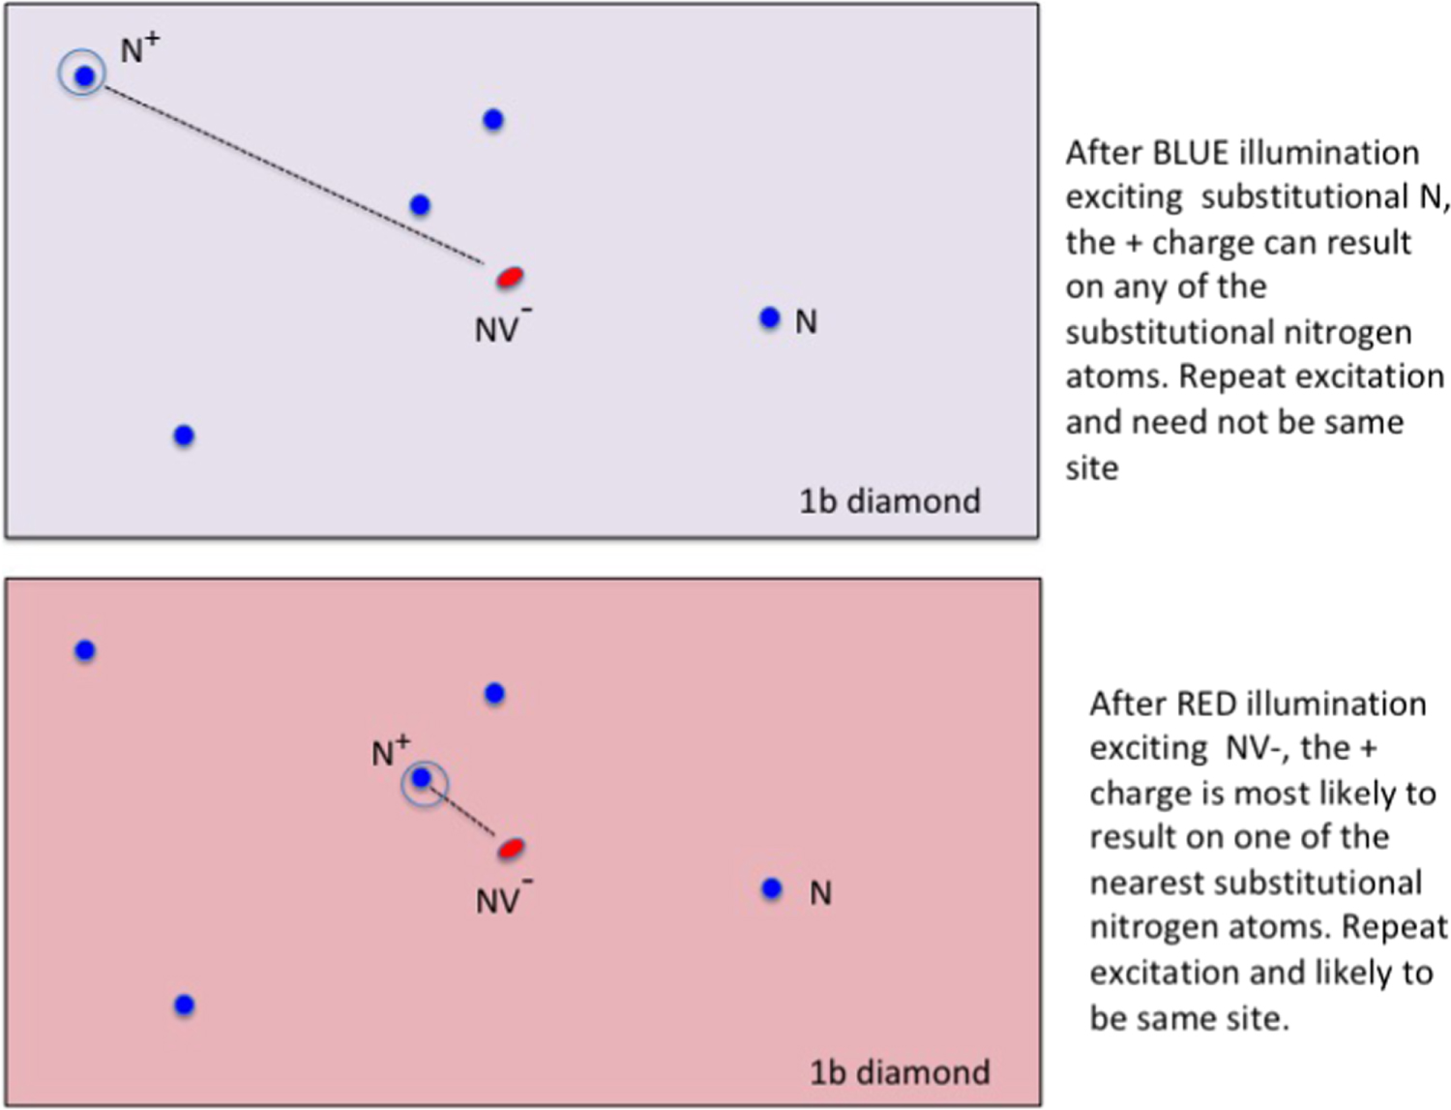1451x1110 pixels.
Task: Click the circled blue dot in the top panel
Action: click(84, 75)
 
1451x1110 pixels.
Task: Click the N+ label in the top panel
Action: click(139, 48)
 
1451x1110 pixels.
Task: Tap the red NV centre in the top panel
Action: click(510, 278)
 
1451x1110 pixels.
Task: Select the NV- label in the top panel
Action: click(501, 327)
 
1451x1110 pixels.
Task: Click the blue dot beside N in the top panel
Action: click(769, 317)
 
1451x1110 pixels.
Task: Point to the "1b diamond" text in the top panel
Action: click(889, 501)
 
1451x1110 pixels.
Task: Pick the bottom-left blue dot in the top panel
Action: click(184, 435)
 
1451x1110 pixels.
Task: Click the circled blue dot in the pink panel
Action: click(422, 778)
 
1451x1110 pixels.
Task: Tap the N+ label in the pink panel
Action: click(391, 751)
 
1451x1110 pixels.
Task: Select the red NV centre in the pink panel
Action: click(511, 849)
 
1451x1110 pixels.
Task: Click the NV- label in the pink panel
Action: click(502, 899)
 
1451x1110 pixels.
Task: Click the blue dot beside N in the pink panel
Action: click(771, 888)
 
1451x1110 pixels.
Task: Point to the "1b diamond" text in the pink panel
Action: click(899, 1072)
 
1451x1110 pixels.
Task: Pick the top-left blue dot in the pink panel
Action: click(85, 650)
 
